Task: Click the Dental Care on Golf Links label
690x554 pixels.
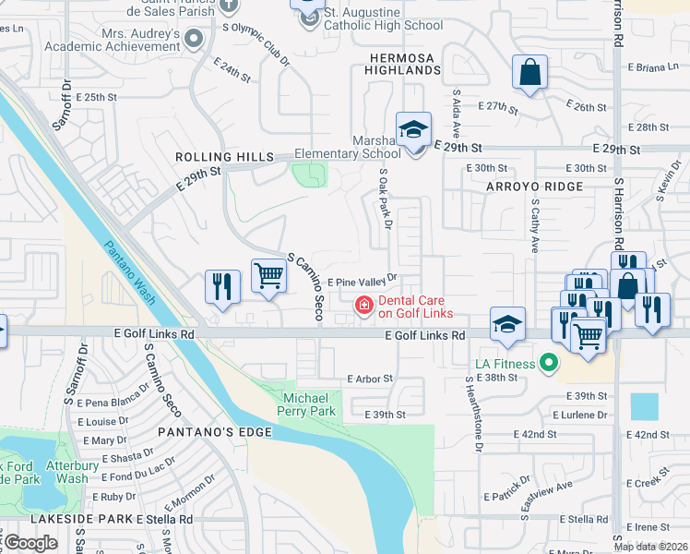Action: click(411, 307)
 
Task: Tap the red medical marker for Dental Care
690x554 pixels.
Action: click(365, 305)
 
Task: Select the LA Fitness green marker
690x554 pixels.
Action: click(550, 364)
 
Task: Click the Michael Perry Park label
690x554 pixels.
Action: click(309, 403)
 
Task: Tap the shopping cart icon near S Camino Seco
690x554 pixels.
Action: click(268, 275)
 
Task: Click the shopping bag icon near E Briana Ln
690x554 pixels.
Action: click(529, 72)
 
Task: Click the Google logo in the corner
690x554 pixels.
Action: click(30, 543)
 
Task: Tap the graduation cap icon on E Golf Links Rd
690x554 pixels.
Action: click(507, 323)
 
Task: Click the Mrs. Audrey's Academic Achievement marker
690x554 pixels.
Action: click(194, 39)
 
